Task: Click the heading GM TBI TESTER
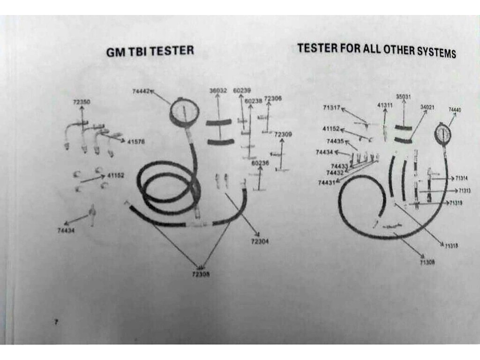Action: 150,51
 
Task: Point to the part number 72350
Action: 82,102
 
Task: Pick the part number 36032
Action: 218,90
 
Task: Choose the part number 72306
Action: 273,98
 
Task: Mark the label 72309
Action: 283,135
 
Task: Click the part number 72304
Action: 260,241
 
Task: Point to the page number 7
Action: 56,322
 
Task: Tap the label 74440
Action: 455,110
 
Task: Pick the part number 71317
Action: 331,108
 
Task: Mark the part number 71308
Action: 427,262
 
